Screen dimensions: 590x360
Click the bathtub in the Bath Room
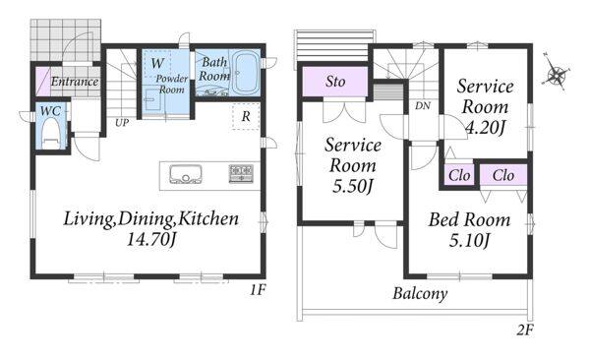[245, 73]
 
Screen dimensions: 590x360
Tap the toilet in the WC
[51, 134]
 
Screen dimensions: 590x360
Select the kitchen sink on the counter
[186, 174]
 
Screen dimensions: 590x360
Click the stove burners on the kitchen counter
[241, 173]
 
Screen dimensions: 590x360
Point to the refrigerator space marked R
[246, 116]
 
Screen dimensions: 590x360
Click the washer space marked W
[157, 63]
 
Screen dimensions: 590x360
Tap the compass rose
[557, 73]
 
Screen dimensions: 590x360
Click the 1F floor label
[258, 290]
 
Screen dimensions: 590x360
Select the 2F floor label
[525, 330]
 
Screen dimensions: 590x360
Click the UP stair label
[122, 123]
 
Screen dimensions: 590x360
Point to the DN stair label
[423, 106]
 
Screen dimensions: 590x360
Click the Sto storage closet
[335, 82]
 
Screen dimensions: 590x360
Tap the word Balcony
[420, 293]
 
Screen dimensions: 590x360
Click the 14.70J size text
[151, 239]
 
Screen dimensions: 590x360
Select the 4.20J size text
[485, 129]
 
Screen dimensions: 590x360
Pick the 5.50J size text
[353, 186]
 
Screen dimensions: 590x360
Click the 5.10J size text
[470, 240]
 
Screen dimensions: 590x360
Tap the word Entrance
[75, 82]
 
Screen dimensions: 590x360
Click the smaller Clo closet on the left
[459, 175]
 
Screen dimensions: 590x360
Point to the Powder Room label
[171, 84]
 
